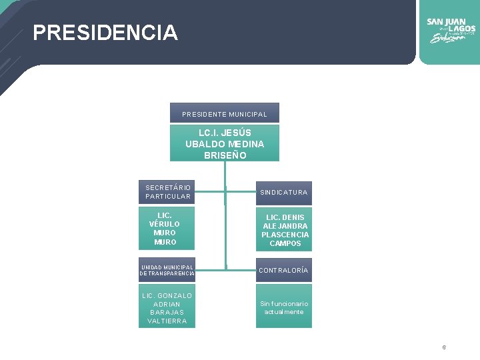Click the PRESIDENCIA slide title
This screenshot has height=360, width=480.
point(105,33)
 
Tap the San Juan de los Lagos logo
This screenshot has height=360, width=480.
point(451,30)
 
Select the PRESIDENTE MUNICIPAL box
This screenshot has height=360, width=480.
point(224,114)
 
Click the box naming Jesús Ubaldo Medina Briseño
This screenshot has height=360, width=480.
point(224,143)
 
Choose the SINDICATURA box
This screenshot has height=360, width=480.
point(284,192)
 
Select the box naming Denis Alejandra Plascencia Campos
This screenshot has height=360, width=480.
point(285,230)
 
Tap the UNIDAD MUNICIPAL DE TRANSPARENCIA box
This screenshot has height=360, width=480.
point(167,269)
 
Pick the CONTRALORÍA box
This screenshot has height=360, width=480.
point(284,270)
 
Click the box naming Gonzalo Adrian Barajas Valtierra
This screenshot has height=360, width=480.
point(167,308)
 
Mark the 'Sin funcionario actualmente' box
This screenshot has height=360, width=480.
point(284,307)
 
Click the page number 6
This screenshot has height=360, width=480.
point(444,347)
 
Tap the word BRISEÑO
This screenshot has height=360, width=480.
point(225,155)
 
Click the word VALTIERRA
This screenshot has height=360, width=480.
point(167,321)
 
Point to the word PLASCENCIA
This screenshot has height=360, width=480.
point(285,235)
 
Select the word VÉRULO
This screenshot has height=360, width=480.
point(165,224)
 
